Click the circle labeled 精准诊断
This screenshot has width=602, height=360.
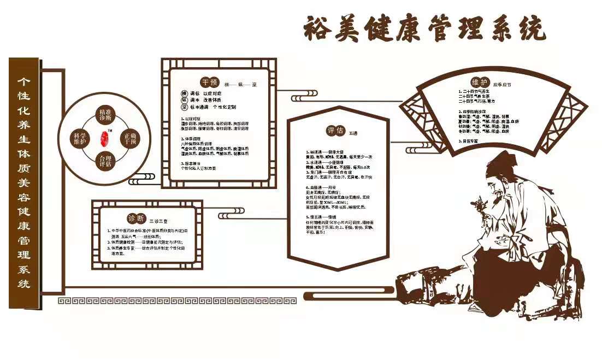click(106, 115)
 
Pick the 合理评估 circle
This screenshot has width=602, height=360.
click(106, 161)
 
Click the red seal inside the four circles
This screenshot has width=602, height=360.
click(105, 138)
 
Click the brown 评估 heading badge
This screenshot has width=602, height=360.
click(335, 131)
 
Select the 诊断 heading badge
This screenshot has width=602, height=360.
click(136, 219)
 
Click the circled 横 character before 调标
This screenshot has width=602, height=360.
click(184, 94)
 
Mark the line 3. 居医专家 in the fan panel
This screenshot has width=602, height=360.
click(470, 141)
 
